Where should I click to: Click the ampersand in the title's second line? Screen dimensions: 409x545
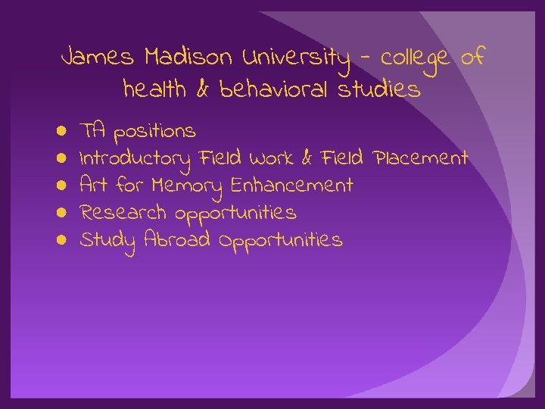click(x=203, y=91)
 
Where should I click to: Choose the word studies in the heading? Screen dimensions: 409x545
click(x=379, y=91)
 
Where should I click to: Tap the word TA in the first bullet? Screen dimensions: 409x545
click(x=93, y=131)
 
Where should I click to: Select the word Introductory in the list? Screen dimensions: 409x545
click(x=135, y=159)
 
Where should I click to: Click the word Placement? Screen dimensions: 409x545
click(x=418, y=158)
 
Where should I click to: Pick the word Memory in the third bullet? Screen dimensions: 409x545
click(x=186, y=186)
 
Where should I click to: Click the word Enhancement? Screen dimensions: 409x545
click(x=291, y=186)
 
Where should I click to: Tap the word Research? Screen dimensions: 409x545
click(x=124, y=213)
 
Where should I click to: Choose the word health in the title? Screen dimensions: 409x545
click(x=154, y=91)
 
